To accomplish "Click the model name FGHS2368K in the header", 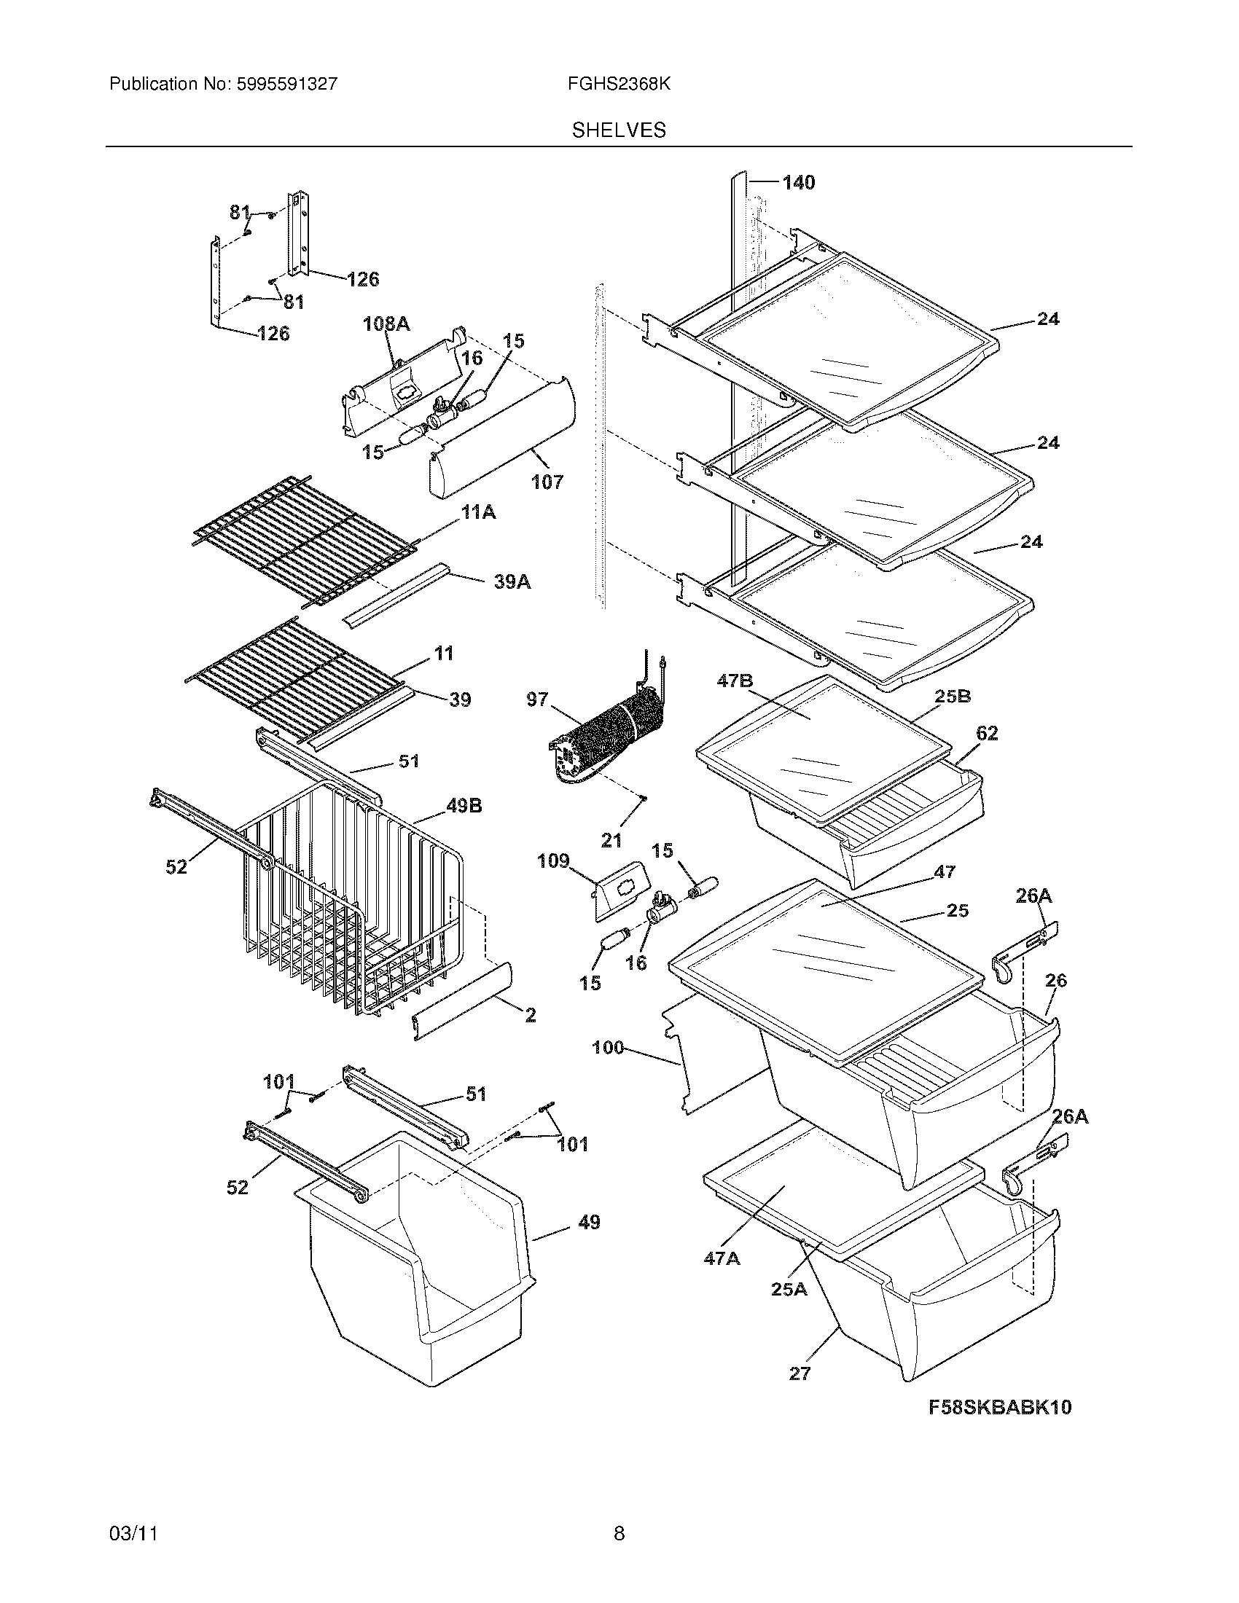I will tap(618, 85).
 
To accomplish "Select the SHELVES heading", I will tap(619, 130).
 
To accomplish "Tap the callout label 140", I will tap(799, 183).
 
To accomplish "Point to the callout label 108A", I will tap(386, 324).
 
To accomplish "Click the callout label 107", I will tap(547, 482).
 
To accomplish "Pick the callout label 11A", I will tap(478, 512).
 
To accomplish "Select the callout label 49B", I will tap(464, 806).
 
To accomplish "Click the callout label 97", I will tap(537, 699).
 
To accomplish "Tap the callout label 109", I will tap(553, 861).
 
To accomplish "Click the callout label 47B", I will tap(735, 681).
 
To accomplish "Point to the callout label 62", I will tap(987, 733).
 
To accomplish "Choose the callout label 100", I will tap(608, 1047).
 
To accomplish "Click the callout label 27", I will tap(800, 1373).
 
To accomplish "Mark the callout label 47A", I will tap(722, 1258).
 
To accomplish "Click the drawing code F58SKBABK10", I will tap(1000, 1407).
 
